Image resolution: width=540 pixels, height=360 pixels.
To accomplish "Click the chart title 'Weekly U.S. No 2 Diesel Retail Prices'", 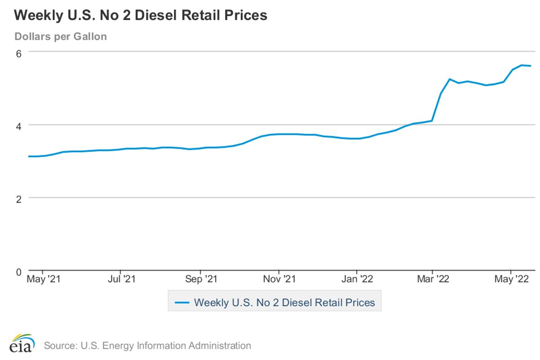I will [141, 16].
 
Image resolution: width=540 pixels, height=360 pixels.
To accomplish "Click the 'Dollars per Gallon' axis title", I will [61, 36].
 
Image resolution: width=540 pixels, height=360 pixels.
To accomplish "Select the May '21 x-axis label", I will [44, 280].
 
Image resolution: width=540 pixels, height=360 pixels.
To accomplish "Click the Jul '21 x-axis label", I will [121, 280].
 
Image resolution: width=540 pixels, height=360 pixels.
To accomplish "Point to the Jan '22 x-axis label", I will [357, 280].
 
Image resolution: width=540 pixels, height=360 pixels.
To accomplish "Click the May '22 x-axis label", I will [511, 280].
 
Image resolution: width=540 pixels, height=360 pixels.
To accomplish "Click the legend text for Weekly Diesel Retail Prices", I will [284, 303].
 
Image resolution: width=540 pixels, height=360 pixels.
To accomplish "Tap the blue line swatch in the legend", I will [181, 303].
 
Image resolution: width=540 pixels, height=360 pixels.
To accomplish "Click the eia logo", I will [21, 343].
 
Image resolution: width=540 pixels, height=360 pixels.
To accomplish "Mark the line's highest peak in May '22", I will [522, 65].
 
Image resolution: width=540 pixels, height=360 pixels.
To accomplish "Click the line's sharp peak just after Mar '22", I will [450, 79].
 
